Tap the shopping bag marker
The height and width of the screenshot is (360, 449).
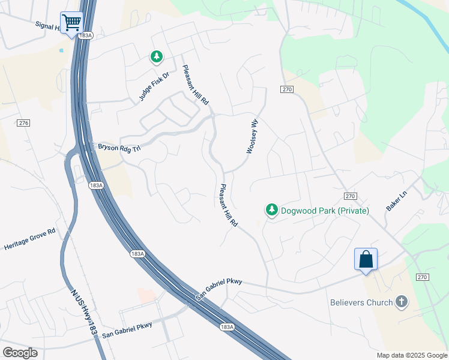[x=366, y=260]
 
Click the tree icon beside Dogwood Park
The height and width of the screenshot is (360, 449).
[x=272, y=210]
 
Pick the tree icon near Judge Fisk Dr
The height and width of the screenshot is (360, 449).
[x=156, y=57]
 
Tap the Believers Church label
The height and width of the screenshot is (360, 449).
[x=361, y=302]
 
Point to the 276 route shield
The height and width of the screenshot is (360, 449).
[x=23, y=122]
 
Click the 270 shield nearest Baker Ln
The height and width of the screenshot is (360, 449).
[x=351, y=196]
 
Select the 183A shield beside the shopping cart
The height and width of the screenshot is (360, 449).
[x=86, y=36]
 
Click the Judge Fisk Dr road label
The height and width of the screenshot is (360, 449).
[x=155, y=85]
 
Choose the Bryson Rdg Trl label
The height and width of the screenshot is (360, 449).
[x=119, y=147]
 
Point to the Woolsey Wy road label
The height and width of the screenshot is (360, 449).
[x=252, y=136]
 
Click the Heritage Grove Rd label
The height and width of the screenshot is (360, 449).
[x=30, y=239]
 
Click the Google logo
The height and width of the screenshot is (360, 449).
[x=20, y=353]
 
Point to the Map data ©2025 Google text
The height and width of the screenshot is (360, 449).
[x=411, y=355]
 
